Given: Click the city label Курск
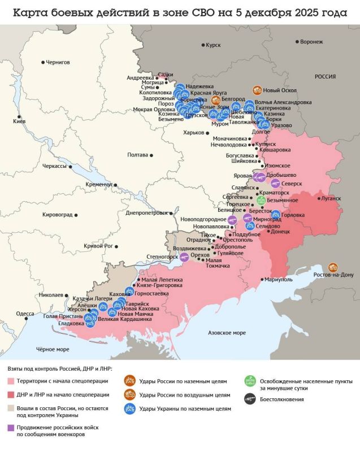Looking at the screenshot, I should coord(213,45).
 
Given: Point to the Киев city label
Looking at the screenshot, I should coord(19,121).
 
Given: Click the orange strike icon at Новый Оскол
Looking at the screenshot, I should coord(257,90).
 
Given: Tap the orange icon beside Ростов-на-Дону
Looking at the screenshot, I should coord(333,267).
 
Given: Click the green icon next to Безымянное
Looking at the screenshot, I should coord(261,200).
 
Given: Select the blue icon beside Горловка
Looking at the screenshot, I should coord(276,215).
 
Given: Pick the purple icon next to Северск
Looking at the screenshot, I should coord(275,183).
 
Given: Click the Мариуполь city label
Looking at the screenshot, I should coord(279,279).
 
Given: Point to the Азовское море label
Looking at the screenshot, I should coord(227,332).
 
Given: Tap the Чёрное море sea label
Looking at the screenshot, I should coord(53,349).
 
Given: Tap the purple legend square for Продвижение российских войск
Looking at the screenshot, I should coord(11,428).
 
